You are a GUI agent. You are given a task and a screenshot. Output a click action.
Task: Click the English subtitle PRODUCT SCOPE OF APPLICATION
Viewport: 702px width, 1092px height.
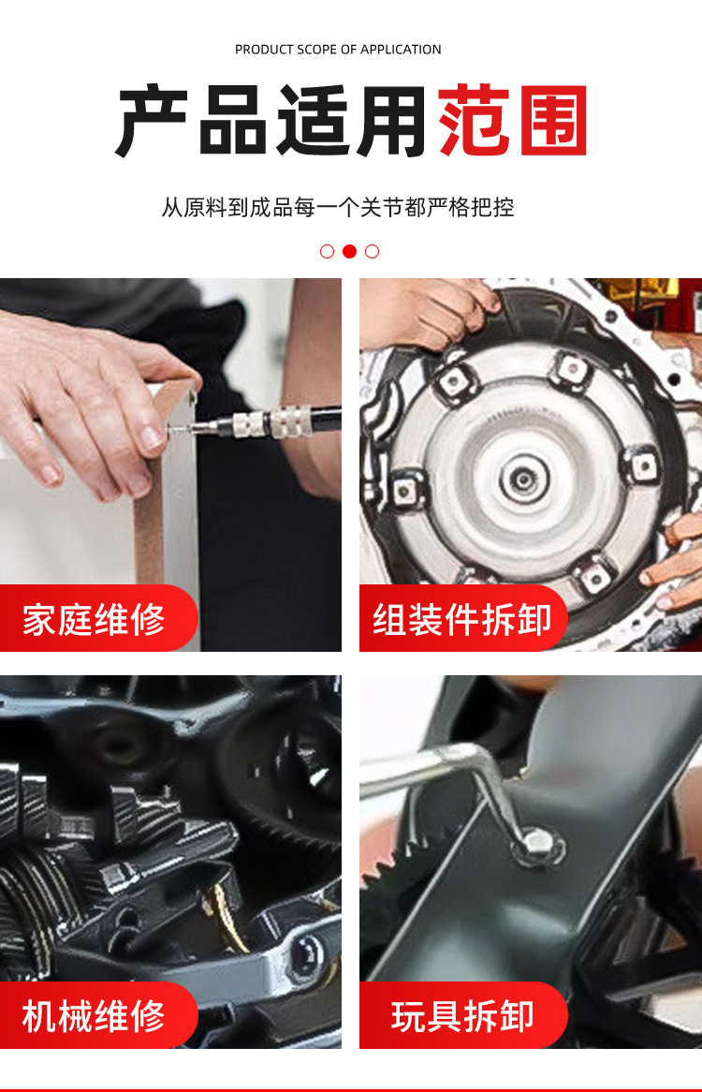(x=338, y=50)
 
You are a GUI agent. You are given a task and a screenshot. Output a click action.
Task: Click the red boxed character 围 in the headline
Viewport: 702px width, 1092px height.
(x=554, y=120)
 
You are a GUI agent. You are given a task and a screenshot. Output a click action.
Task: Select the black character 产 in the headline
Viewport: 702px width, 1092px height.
(x=152, y=120)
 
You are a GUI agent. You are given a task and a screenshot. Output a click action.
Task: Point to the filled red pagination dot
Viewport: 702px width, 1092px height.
(x=349, y=251)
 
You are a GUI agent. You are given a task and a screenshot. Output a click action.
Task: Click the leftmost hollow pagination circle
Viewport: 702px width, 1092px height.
(x=327, y=251)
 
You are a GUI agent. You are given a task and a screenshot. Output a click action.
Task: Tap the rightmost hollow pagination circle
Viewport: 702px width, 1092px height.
(x=373, y=251)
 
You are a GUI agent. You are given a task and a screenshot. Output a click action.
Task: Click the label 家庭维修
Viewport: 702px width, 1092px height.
(x=94, y=619)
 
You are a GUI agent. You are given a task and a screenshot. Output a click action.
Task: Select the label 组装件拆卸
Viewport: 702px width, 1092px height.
(x=462, y=619)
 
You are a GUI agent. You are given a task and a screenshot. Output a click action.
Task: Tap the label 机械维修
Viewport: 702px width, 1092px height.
(x=94, y=1016)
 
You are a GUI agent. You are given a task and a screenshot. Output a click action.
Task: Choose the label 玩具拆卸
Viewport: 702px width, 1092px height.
(x=462, y=1016)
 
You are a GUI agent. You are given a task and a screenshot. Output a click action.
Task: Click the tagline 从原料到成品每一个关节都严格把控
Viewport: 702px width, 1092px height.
(x=338, y=207)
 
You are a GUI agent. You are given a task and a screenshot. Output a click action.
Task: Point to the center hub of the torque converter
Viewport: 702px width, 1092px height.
(x=522, y=479)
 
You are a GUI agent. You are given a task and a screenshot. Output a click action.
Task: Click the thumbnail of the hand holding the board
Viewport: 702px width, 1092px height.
(x=170, y=465)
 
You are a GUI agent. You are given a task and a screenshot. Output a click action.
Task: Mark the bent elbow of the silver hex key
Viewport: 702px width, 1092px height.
(x=480, y=756)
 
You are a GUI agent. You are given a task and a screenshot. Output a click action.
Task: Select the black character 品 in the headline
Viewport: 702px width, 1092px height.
(x=232, y=120)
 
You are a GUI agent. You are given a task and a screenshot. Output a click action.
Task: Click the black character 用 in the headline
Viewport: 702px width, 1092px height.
(x=391, y=120)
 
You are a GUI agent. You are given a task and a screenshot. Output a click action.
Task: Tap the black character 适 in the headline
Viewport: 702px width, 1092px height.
(x=313, y=120)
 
